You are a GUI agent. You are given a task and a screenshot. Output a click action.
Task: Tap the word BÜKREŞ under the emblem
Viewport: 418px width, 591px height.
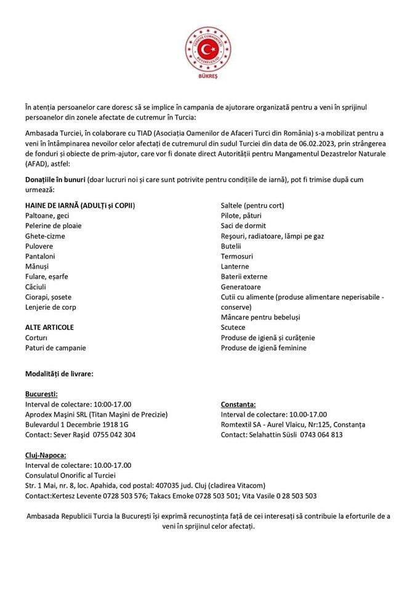point(209,79)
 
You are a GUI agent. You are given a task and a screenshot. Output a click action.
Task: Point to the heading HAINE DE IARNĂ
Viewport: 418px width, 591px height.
point(80,205)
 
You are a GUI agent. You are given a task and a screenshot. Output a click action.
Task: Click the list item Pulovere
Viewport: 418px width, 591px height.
point(39,246)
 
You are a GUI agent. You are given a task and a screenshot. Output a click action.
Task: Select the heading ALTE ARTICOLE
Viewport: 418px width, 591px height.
point(49,327)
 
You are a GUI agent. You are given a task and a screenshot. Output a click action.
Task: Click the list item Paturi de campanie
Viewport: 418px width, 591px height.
point(55,347)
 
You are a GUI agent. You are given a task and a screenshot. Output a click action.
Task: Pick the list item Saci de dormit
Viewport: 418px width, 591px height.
point(243,225)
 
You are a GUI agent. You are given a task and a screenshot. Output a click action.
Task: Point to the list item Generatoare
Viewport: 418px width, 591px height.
point(241,286)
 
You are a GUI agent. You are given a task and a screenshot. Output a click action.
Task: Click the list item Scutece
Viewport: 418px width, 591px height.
point(233,327)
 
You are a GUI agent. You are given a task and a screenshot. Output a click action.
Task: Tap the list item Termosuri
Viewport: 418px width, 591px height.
point(237,255)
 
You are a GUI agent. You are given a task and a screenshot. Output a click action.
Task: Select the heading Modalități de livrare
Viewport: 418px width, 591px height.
point(59,373)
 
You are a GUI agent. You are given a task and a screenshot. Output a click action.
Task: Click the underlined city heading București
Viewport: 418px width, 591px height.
point(42,393)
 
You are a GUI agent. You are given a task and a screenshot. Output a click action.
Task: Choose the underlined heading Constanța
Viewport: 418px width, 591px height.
point(238,404)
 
